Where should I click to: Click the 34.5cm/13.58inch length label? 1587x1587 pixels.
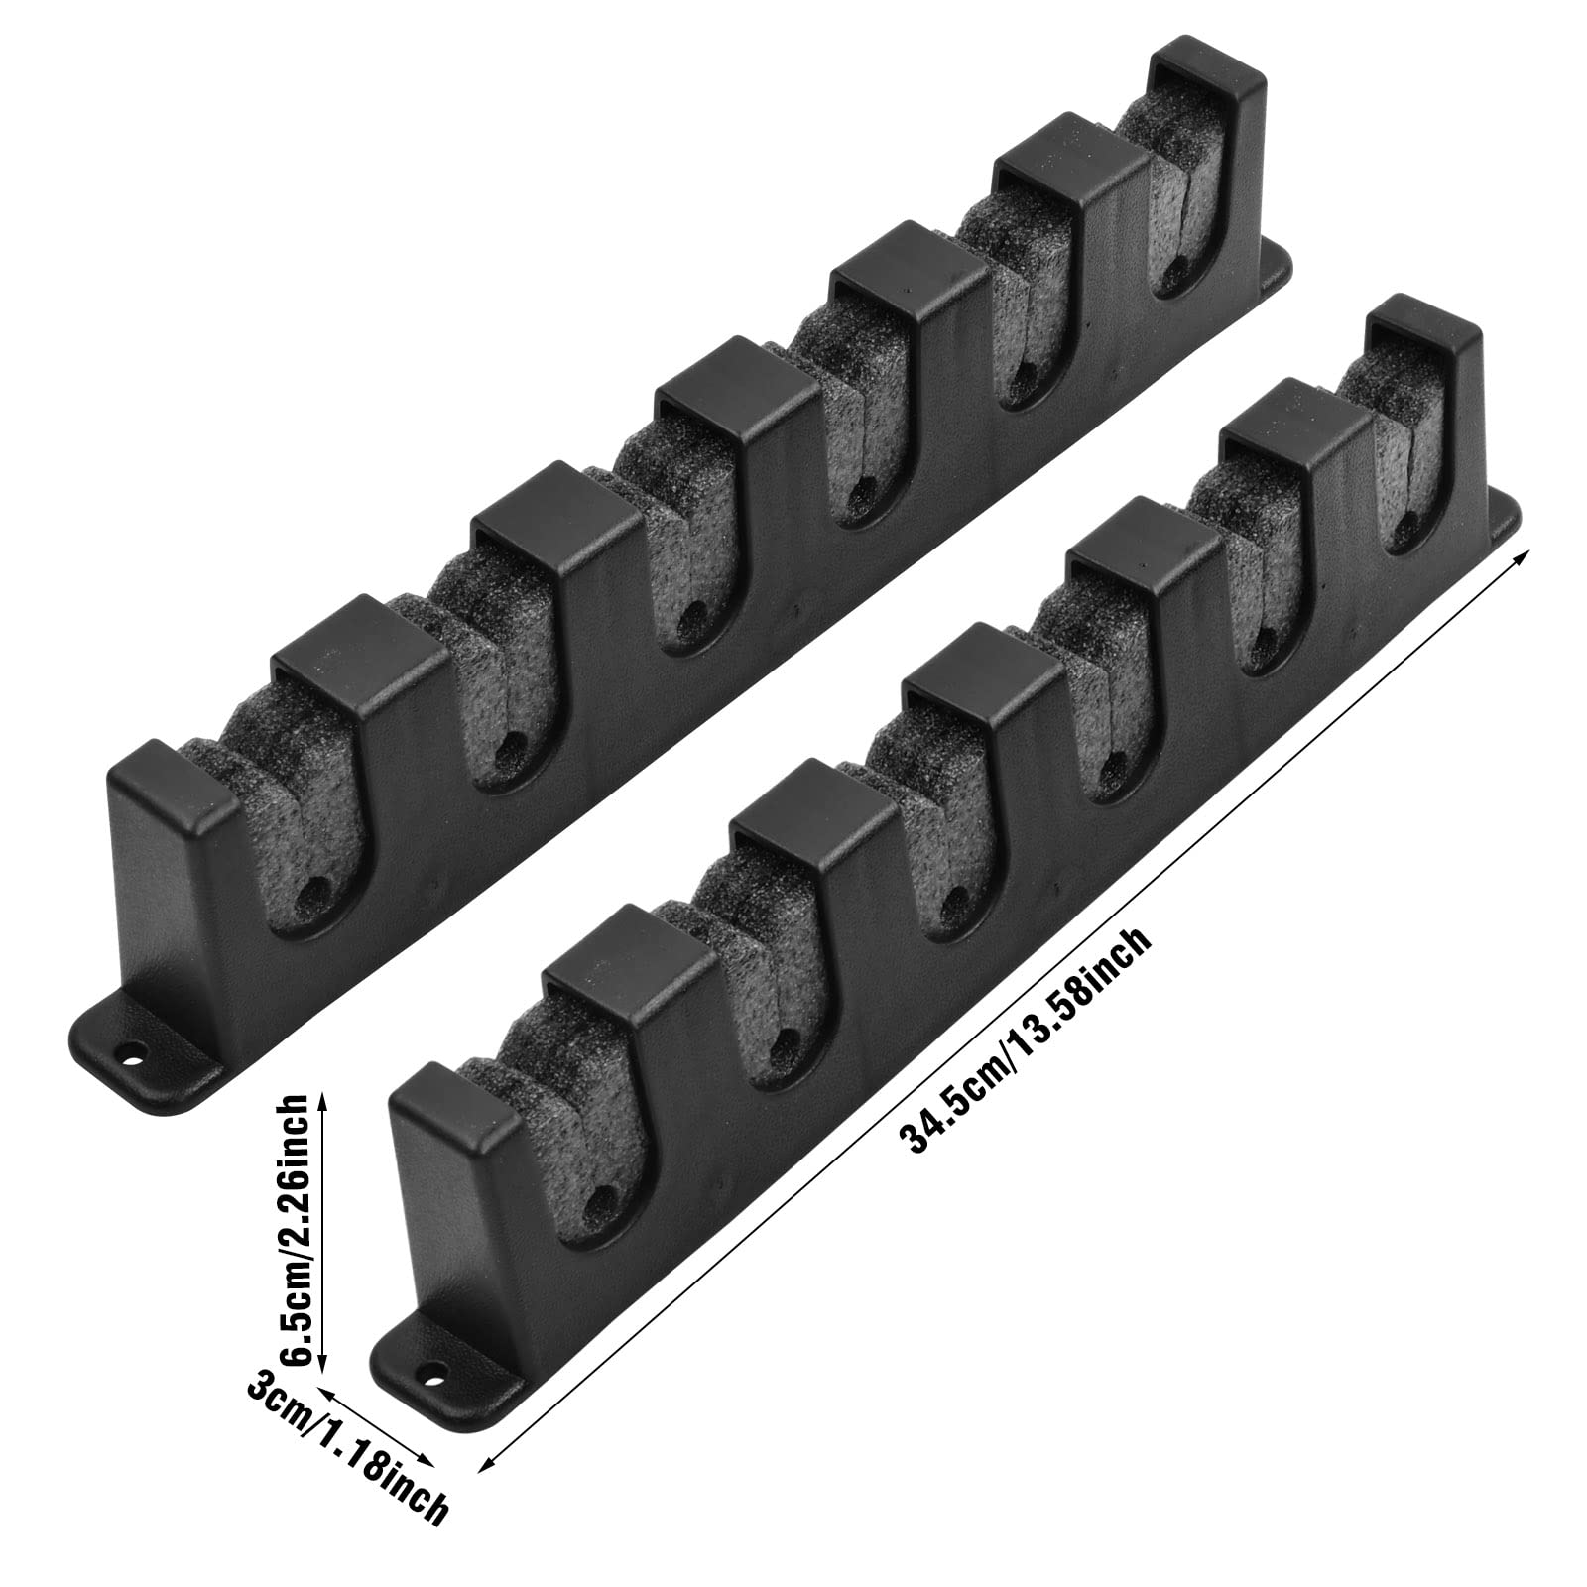[1024, 1041]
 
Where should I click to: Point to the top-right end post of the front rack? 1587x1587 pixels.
[1428, 387]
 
